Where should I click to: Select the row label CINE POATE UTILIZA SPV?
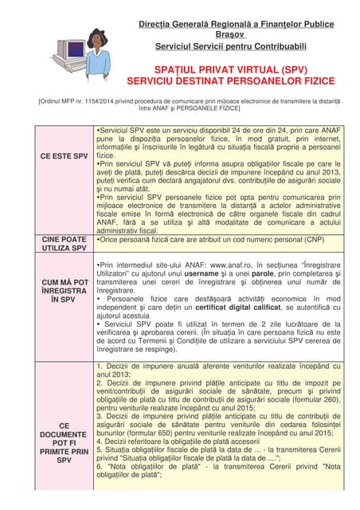tap(65, 244)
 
